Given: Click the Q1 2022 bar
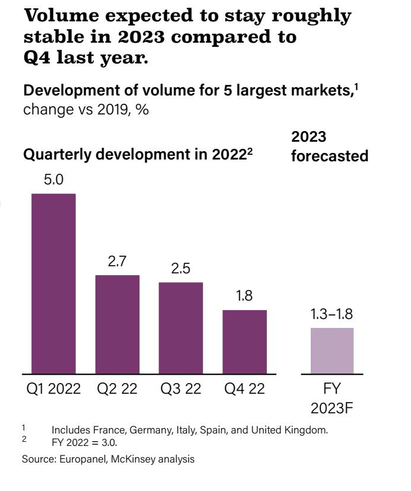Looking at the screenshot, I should coord(53,283).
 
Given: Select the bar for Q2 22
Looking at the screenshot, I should coord(117,324).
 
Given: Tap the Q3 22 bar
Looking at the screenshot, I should coord(181,328).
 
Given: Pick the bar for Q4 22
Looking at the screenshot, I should coord(244,342).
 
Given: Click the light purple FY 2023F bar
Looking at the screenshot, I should coord(332,350).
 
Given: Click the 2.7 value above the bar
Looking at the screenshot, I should coord(117,262).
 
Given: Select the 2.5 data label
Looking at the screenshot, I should coord(181,269).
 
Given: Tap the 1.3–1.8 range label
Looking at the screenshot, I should coord(332,314).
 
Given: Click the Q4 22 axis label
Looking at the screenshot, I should coord(244,390).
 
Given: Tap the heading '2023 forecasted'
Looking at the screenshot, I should coord(330,146).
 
